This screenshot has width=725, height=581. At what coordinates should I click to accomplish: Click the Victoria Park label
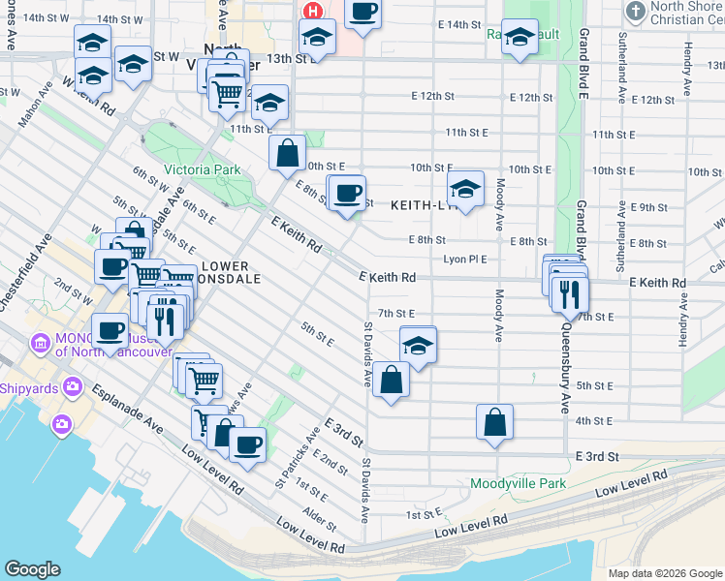(202, 169)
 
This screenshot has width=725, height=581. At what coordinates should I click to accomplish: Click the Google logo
(32, 569)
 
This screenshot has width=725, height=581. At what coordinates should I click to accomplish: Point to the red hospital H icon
(313, 11)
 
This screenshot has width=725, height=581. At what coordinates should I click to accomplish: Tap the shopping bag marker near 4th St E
(494, 422)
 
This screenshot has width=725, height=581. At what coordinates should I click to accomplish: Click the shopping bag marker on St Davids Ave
(391, 381)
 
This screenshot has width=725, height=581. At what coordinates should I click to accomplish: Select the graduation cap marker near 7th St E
(418, 346)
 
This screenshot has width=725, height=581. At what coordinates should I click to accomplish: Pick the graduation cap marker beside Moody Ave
(465, 190)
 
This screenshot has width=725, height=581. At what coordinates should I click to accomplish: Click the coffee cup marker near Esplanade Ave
(247, 444)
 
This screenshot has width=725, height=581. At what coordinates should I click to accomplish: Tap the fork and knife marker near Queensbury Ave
(570, 292)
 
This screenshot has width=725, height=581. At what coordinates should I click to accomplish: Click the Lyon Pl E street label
(464, 260)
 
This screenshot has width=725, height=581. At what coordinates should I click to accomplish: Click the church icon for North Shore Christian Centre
(635, 12)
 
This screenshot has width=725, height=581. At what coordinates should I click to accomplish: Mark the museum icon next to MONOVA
(40, 344)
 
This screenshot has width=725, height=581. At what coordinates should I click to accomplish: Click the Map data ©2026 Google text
(665, 573)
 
